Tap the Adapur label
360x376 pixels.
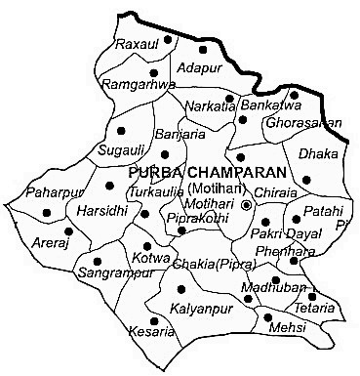click(x=200, y=68)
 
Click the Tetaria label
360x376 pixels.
click(x=316, y=308)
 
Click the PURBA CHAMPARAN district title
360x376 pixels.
click(x=191, y=172)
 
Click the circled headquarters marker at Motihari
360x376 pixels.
click(x=247, y=205)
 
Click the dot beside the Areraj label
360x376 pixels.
click(x=67, y=231)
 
